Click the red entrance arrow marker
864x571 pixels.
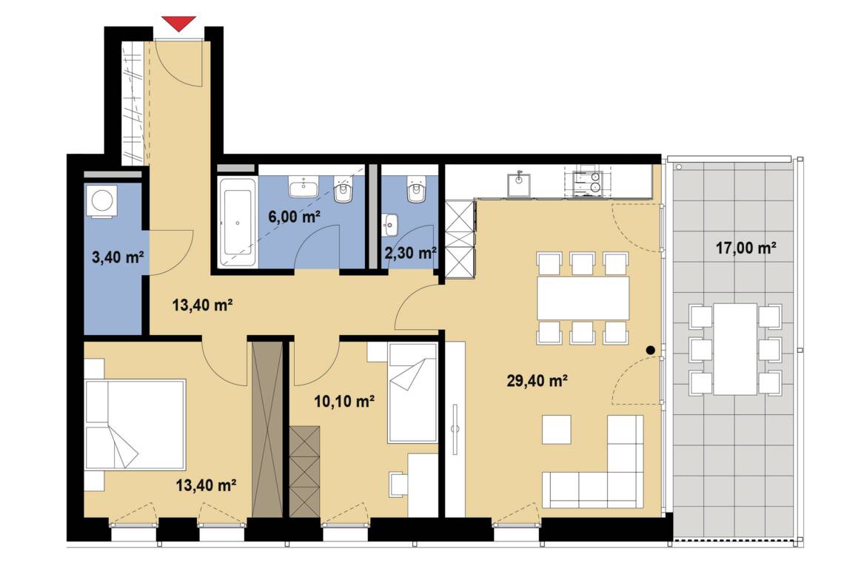coord(179,24)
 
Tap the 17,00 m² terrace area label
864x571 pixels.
coord(746,249)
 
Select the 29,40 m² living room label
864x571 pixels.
coord(538,380)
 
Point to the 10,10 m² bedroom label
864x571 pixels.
coord(344,402)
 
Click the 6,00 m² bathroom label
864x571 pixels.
coord(295,217)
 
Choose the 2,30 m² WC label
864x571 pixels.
coord(410,253)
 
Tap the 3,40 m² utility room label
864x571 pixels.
coord(118,257)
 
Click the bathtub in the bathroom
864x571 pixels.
coord(237,223)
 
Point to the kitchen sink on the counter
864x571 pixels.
coord(518,183)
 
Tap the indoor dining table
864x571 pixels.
coord(583,298)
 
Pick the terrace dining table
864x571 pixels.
coord(736,348)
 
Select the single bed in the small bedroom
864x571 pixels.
coord(412,393)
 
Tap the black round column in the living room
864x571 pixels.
coord(650,350)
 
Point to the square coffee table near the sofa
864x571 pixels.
coord(557,430)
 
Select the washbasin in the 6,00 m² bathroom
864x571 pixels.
coord(304,187)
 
